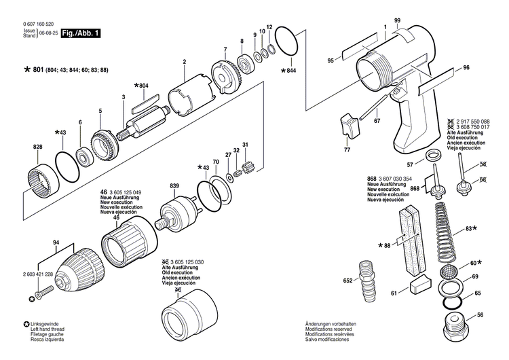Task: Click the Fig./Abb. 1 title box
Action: point(79,33)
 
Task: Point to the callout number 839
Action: point(174,186)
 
